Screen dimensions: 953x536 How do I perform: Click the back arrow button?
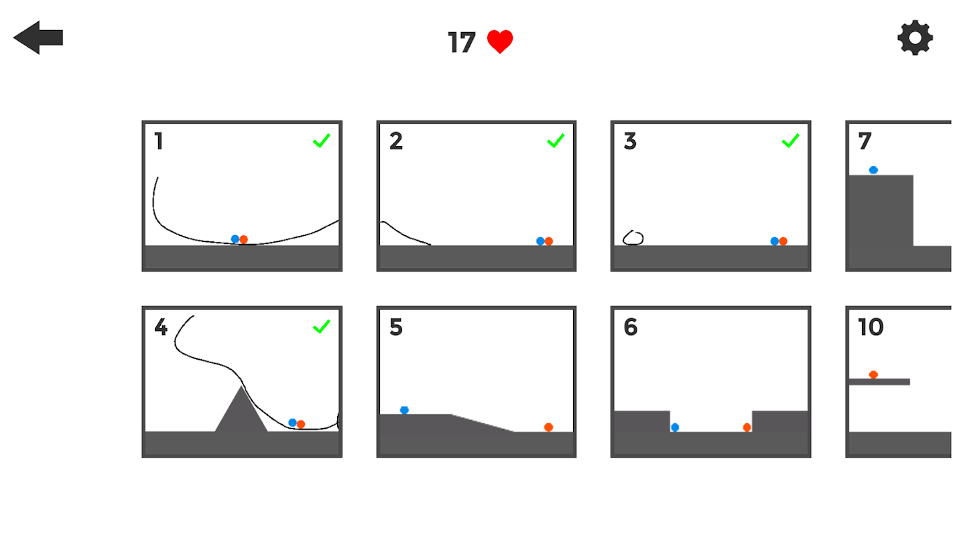tap(38, 38)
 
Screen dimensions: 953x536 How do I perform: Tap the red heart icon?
tap(500, 42)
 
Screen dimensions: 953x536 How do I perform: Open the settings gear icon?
tap(915, 38)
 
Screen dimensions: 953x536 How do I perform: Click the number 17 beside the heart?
tap(462, 42)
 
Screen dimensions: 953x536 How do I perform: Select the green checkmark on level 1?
tap(322, 141)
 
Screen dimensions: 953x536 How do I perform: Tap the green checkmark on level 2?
tap(556, 141)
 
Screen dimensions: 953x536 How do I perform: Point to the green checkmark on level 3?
tap(790, 141)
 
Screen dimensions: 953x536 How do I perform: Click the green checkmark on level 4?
tap(322, 326)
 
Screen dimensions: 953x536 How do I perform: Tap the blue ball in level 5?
tap(404, 410)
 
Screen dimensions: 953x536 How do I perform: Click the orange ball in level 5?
tap(548, 427)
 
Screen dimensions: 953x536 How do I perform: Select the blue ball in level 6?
tap(675, 427)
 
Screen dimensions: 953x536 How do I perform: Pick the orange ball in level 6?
tap(747, 427)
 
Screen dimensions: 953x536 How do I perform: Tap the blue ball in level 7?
tap(873, 170)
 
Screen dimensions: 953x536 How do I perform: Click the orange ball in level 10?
tap(873, 375)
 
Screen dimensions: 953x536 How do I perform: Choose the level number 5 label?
tap(395, 327)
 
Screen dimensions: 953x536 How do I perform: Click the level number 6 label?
tap(631, 327)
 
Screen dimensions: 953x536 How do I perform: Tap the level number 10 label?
tap(871, 327)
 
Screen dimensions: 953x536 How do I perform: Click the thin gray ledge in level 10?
tap(879, 382)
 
